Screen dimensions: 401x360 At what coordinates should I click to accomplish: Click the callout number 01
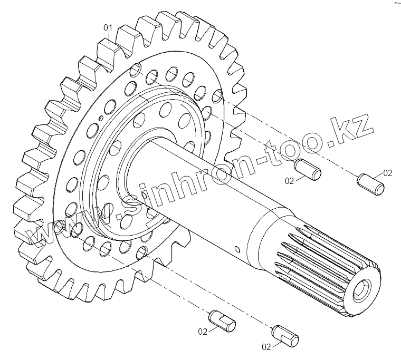pyautogui.click(x=108, y=27)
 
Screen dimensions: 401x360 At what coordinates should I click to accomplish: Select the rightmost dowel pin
pyautogui.click(x=370, y=184)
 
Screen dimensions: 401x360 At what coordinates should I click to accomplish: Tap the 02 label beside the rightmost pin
pyautogui.click(x=388, y=173)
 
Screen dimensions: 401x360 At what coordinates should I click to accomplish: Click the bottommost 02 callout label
pyautogui.click(x=266, y=347)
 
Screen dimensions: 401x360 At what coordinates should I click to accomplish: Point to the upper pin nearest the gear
pyautogui.click(x=308, y=169)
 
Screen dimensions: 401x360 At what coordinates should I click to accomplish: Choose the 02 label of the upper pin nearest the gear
pyautogui.click(x=290, y=181)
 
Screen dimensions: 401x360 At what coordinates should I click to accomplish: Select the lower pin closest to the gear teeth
pyautogui.click(x=222, y=321)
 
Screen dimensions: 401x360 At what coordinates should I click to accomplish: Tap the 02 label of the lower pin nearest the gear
pyautogui.click(x=203, y=332)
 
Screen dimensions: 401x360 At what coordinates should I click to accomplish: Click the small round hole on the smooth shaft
pyautogui.click(x=237, y=249)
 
